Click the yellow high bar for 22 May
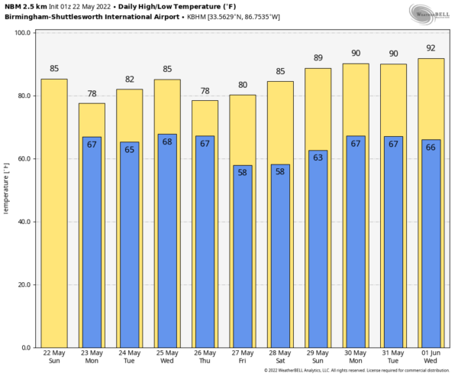coord(54,214)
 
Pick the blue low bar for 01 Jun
coord(431,245)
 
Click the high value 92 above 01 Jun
coord(431,48)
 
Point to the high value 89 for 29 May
coord(318,58)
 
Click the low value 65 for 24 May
coord(129,150)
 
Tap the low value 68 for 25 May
coord(167,142)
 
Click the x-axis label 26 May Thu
coord(205,356)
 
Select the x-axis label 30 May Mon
coord(356,356)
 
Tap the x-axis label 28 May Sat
coord(280,356)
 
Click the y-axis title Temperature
coord(6,191)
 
